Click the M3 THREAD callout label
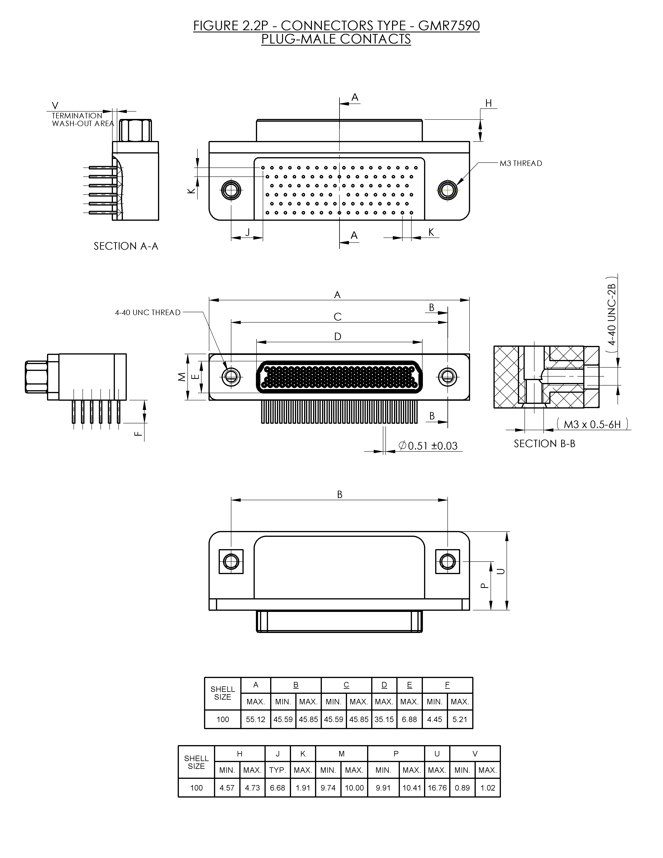click(521, 163)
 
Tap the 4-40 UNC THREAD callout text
click(148, 313)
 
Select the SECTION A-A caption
click(126, 246)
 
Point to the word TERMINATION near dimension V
click(77, 116)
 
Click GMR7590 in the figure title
click(449, 26)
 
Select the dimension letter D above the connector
click(338, 337)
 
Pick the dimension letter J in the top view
click(248, 232)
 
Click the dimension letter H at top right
click(488, 103)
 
